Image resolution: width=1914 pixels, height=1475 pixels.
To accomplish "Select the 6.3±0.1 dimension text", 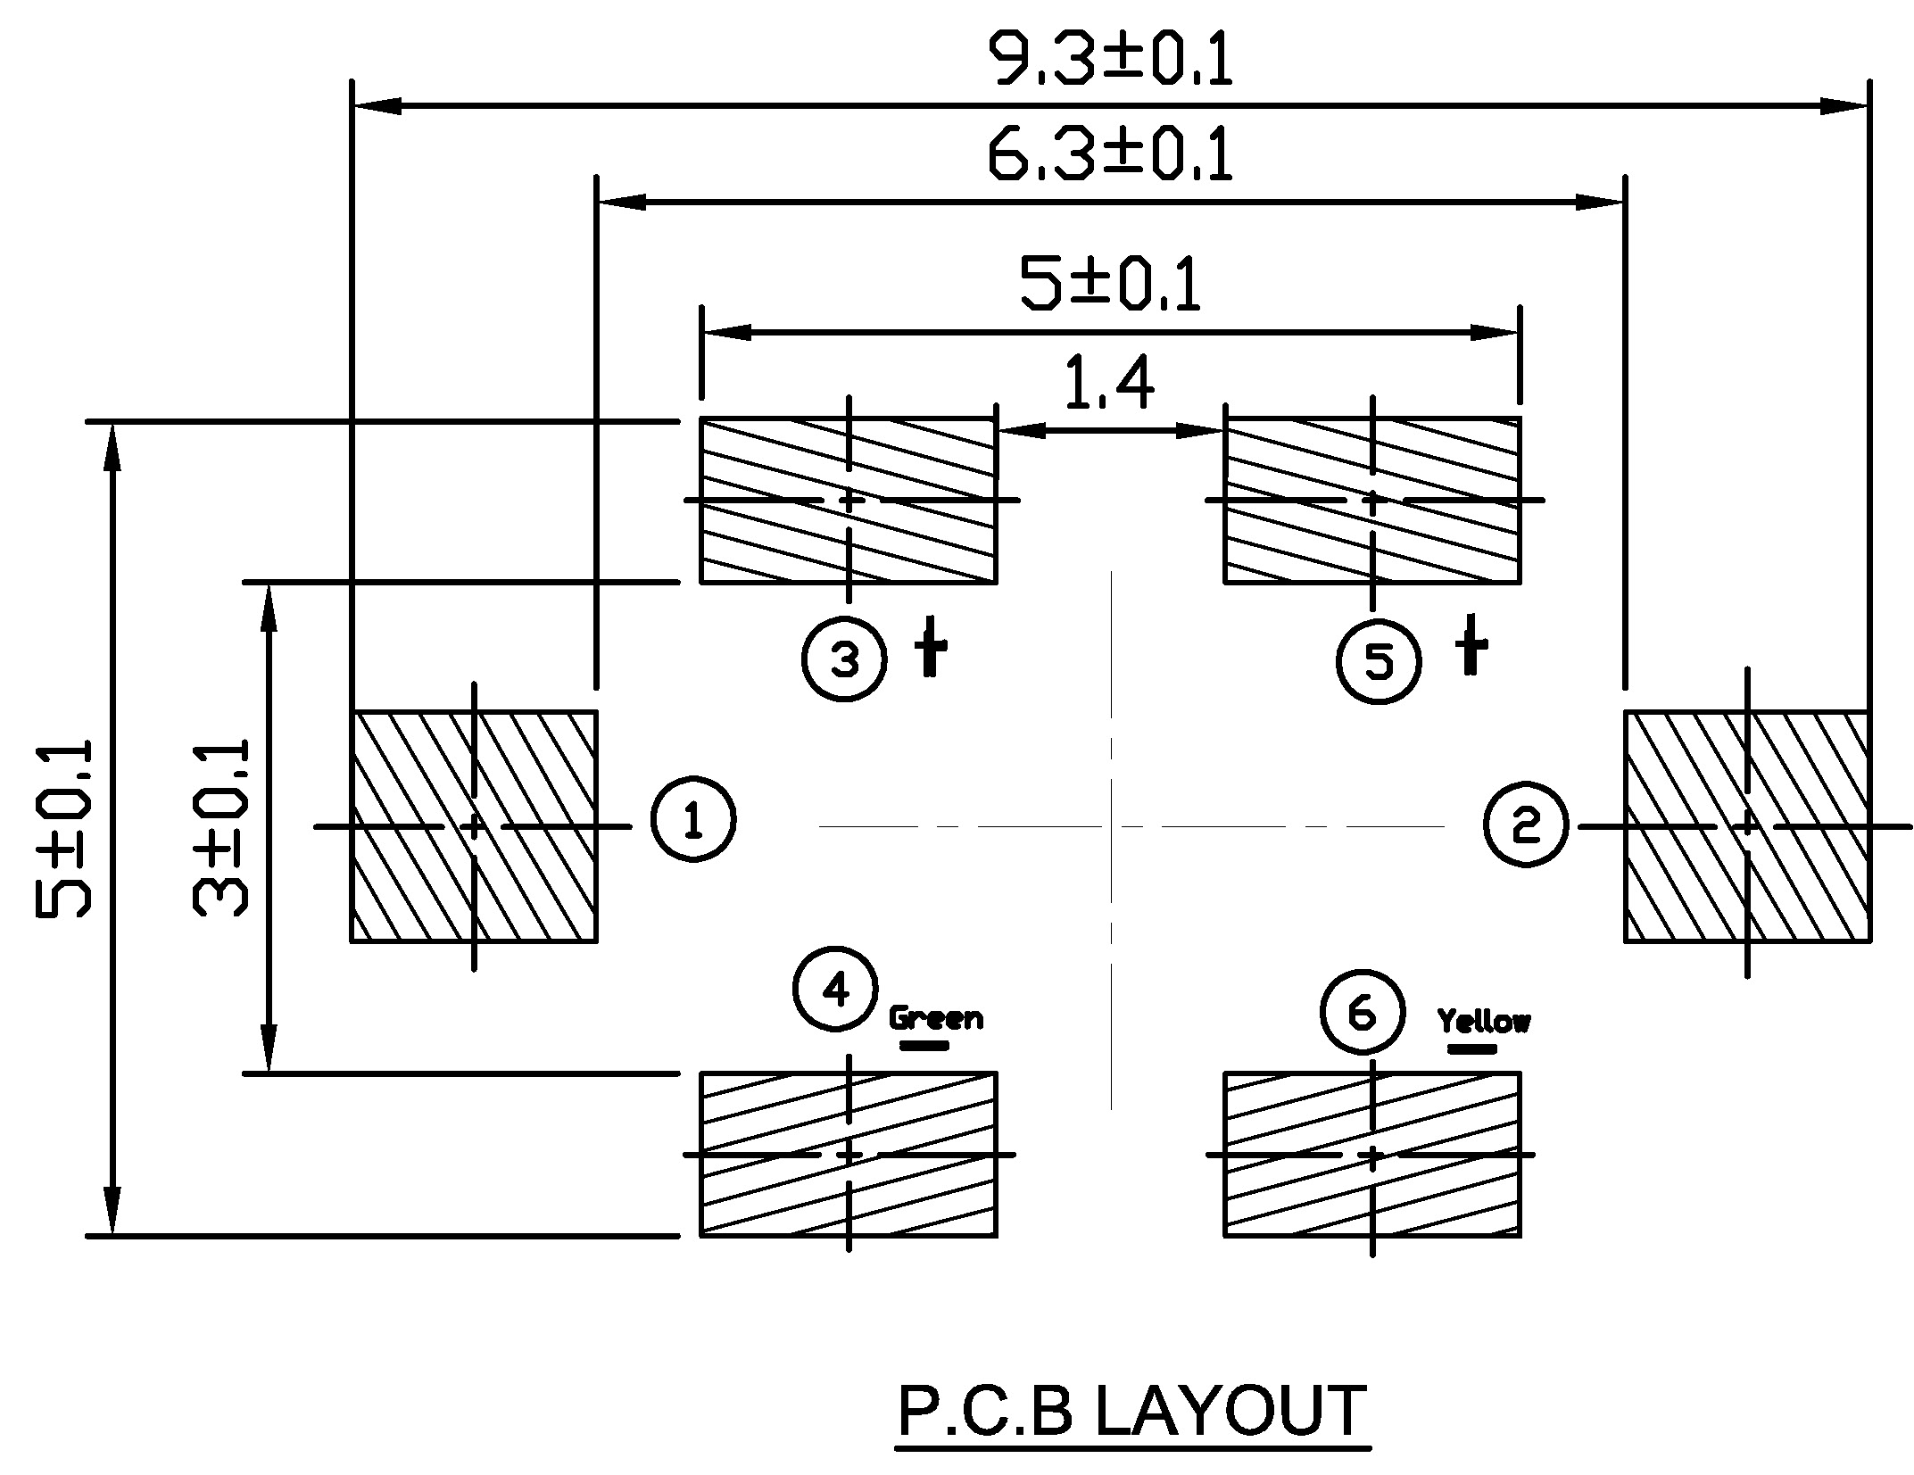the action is (x=1111, y=154).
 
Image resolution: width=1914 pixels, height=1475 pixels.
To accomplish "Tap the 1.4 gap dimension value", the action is (x=1110, y=383).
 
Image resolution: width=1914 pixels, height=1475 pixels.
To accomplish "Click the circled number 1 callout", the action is (x=693, y=819).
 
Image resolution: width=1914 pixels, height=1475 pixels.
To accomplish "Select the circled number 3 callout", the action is (x=844, y=660).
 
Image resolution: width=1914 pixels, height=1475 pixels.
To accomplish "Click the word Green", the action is (x=936, y=1018).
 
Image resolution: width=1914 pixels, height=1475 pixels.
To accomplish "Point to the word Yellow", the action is (x=1484, y=1021).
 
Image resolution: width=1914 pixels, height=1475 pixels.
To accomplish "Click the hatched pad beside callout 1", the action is (x=474, y=826).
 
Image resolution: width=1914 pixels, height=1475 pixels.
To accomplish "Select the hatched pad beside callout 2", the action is (x=1747, y=826).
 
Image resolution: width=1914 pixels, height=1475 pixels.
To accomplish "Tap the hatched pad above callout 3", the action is (x=848, y=501).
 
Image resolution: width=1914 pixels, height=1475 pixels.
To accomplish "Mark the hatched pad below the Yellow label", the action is (x=1372, y=1155).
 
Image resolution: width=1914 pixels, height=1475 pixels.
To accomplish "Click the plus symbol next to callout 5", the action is (x=1471, y=644).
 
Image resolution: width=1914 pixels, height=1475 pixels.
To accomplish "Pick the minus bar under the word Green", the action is (x=924, y=1045).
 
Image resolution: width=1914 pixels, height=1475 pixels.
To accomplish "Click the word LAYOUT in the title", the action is (x=1230, y=1412).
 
